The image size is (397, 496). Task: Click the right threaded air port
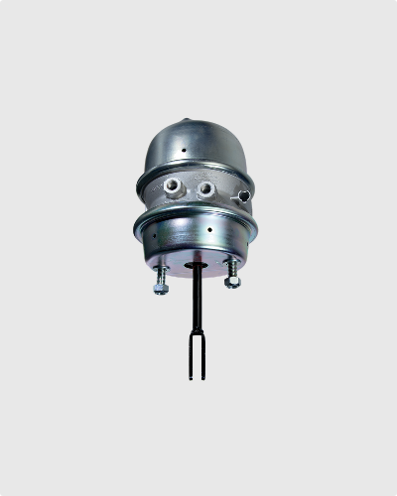(205, 186)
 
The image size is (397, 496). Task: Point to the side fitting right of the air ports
(239, 197)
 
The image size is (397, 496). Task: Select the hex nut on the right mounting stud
(232, 283)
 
